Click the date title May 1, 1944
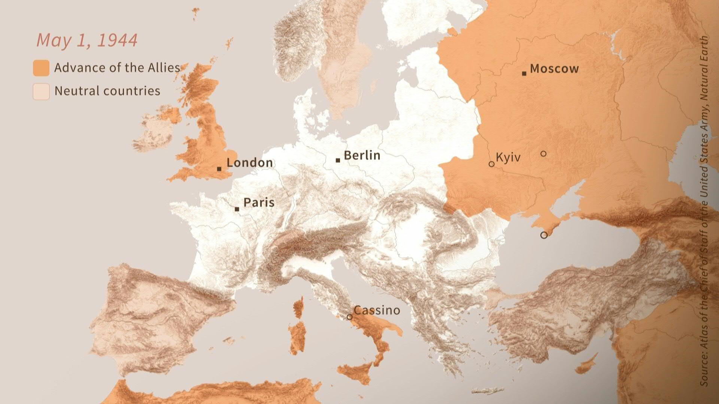[87, 40]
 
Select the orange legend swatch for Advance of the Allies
[41, 68]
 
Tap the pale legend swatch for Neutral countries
[41, 92]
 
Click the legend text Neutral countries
[107, 91]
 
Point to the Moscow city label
[554, 69]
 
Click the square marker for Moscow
[524, 73]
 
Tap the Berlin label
[362, 156]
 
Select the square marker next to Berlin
[338, 160]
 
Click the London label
[250, 163]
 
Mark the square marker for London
[219, 169]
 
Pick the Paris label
[259, 203]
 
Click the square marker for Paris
[237, 209]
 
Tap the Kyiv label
[508, 157]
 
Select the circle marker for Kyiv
[492, 164]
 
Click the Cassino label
[377, 310]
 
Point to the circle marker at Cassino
[349, 317]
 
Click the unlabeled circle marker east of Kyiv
[543, 154]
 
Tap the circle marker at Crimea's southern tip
[544, 235]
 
